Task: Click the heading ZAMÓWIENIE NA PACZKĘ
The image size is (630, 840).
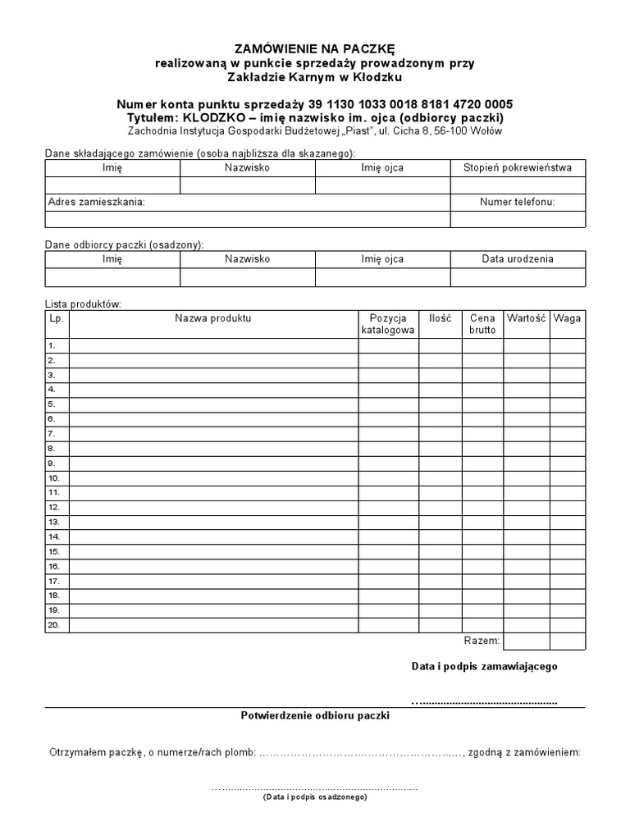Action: pos(315,49)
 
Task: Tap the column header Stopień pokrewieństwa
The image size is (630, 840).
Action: pos(518,167)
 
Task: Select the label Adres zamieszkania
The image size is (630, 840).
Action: pos(97,202)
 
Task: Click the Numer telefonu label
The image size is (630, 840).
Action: pos(518,202)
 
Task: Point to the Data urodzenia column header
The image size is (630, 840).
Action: pos(518,258)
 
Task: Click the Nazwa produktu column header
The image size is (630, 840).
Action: pos(213,317)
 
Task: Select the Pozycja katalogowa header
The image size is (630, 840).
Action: pos(388,323)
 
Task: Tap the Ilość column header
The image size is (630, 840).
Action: pos(440,317)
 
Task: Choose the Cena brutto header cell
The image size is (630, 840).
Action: pos(482,323)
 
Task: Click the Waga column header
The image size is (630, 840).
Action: pos(567,317)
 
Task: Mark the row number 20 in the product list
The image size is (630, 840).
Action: pos(53,625)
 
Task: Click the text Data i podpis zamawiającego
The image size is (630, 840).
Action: pos(484,666)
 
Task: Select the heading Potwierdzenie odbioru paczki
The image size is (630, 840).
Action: pos(315,715)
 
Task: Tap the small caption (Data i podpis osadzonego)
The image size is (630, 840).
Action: pos(315,797)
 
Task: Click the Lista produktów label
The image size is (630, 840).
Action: pos(83,304)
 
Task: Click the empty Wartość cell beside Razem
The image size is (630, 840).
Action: pos(527,641)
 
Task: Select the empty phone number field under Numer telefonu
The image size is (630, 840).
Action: pos(518,219)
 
